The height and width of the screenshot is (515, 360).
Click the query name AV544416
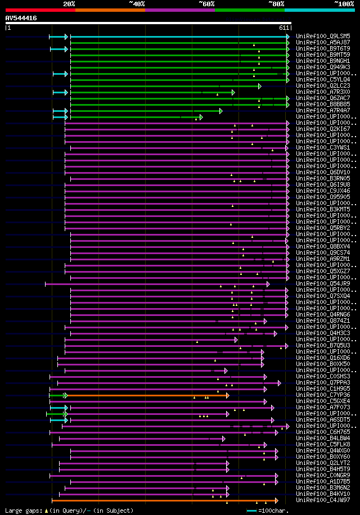coord(21,18)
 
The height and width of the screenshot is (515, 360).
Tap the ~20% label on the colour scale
coord(69,4)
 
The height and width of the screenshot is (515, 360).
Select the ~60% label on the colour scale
coord(206,4)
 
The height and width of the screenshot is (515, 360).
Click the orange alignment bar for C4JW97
coord(163,500)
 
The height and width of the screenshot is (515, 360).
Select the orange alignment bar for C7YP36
coord(146,395)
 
